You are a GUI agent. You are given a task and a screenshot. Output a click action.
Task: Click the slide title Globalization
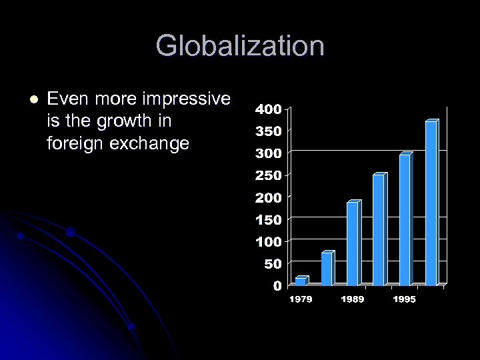(x=240, y=47)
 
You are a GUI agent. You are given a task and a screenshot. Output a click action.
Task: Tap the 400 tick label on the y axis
(x=269, y=109)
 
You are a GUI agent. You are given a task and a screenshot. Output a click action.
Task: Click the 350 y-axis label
(x=269, y=131)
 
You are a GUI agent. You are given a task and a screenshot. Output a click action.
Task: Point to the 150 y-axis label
(x=269, y=219)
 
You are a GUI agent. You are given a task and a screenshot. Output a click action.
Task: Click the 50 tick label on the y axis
(x=273, y=264)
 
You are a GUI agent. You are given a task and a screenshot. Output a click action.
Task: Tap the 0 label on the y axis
(x=277, y=286)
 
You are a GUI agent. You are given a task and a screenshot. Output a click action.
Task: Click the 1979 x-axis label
(x=300, y=299)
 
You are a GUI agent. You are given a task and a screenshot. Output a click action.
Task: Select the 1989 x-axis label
(x=352, y=299)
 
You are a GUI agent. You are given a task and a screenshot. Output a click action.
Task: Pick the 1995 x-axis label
(x=404, y=299)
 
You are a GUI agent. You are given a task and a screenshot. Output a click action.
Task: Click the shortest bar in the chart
(x=301, y=281)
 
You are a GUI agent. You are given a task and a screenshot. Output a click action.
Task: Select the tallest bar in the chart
(x=431, y=203)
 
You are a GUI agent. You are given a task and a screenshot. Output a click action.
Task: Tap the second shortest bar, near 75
(x=326, y=269)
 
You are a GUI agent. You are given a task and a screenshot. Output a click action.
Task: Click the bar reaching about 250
(x=378, y=230)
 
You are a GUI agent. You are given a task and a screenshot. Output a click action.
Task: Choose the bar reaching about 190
(x=352, y=243)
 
